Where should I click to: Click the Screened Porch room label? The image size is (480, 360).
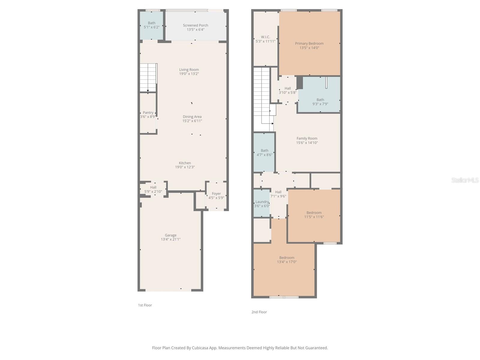tap(195, 25)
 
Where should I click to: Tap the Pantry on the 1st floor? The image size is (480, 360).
tap(148, 113)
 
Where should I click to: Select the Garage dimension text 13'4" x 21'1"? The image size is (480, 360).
tap(171, 239)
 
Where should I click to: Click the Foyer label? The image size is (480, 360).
tap(216, 194)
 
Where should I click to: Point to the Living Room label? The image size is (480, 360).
tap(189, 70)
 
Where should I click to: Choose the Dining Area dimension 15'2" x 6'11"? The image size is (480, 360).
tap(192, 121)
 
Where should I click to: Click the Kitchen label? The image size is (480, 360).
tap(185, 163)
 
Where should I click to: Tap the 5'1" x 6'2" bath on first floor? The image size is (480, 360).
tap(151, 25)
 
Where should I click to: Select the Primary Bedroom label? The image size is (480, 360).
tap(309, 43)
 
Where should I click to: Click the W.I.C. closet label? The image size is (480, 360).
tap(265, 37)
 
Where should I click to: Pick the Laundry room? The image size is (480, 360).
tap(262, 203)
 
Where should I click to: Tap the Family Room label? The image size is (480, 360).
tap(307, 138)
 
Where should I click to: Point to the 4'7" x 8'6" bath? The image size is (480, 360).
tap(264, 152)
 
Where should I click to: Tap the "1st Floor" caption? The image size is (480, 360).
tap(145, 305)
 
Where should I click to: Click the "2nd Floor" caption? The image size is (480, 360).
tap(259, 312)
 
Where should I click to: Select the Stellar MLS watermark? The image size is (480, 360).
tap(465, 180)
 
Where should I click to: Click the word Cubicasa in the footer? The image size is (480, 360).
tap(200, 348)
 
